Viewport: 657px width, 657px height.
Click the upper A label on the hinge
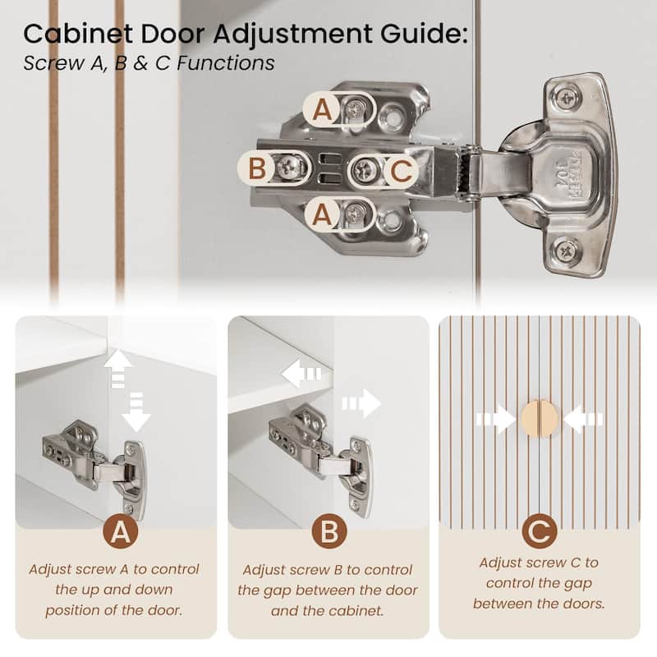(322, 110)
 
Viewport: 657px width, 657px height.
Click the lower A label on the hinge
(322, 214)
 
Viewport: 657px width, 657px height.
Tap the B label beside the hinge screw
(257, 168)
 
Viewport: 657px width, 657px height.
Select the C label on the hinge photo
(402, 171)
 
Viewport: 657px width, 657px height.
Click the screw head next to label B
(290, 168)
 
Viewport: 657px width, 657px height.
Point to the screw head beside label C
(365, 170)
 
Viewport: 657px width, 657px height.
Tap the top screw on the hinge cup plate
(567, 99)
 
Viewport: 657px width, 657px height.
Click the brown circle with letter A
(121, 532)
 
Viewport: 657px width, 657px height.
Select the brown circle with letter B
(329, 531)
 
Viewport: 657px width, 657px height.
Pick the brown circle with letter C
(540, 531)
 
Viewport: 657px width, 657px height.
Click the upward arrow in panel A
(118, 369)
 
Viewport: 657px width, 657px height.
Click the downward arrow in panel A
(136, 412)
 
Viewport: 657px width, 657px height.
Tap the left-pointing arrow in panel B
(301, 374)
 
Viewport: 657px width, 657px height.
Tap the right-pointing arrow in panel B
(361, 403)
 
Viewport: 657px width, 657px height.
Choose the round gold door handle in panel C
(540, 418)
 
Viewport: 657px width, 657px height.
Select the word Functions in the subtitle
(226, 63)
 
